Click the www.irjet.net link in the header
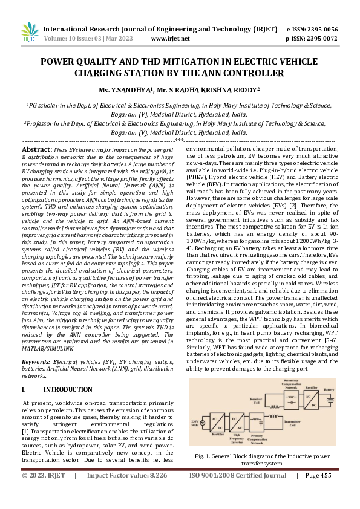tap(170, 38)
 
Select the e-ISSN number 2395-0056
tap(322, 29)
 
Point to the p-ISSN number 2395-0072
tap(322, 38)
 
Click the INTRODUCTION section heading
tap(68, 373)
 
